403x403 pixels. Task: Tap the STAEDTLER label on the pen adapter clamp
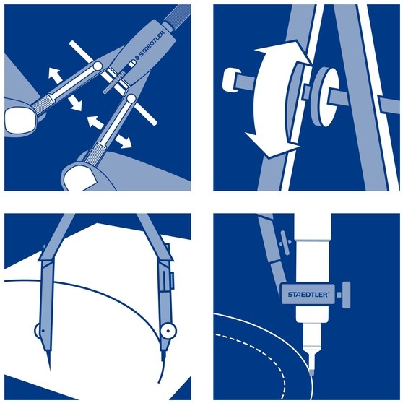[x=308, y=294]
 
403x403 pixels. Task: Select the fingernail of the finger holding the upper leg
[x=19, y=121]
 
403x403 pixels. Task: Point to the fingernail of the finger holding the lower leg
[x=79, y=178]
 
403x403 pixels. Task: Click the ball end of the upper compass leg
[x=97, y=66]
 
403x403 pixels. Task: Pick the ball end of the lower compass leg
[x=131, y=98]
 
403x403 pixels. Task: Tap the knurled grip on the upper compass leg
[x=42, y=104]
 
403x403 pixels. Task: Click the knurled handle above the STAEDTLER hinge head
[x=178, y=15]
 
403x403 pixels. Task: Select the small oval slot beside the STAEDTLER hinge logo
[x=131, y=63]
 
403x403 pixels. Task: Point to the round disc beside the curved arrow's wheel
[x=324, y=97]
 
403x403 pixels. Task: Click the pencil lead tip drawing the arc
[x=162, y=359]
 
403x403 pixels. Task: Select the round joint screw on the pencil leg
[x=168, y=331]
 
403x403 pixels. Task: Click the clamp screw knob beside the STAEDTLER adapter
[x=346, y=295]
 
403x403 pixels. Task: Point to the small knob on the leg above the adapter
[x=285, y=242]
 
